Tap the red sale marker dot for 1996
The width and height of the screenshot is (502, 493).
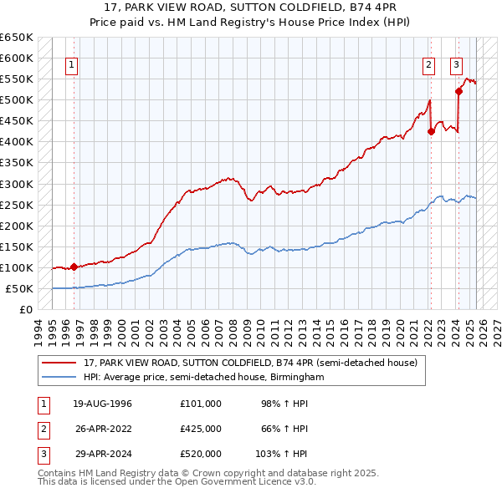74,267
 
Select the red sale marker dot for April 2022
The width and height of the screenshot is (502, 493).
431,131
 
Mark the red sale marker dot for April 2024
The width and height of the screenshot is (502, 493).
458,92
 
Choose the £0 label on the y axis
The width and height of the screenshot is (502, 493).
25,309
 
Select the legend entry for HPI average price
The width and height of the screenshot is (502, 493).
203,378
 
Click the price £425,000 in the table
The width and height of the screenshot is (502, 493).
200,429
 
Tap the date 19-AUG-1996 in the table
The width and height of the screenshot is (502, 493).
102,404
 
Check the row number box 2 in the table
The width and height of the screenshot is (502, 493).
42,429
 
